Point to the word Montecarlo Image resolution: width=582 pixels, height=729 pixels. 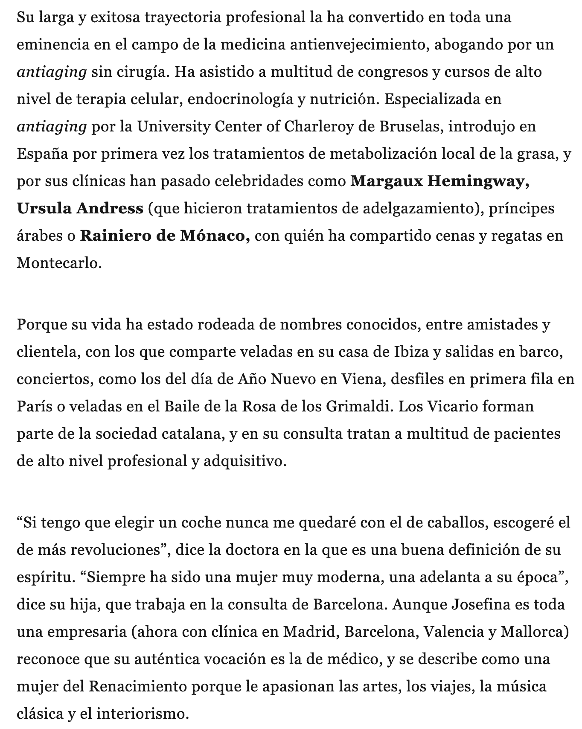tap(59, 263)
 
